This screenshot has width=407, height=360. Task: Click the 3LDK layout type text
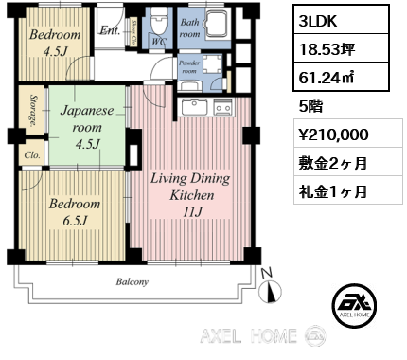(315, 20)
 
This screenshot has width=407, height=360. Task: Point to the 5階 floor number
(310, 106)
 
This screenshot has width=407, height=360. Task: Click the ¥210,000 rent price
(326, 135)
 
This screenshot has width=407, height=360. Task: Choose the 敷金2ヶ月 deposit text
(327, 161)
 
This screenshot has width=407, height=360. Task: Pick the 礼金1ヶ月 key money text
(327, 189)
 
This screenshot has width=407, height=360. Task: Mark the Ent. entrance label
(109, 29)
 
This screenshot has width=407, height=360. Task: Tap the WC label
(159, 41)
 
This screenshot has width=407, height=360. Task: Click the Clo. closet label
(30, 155)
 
